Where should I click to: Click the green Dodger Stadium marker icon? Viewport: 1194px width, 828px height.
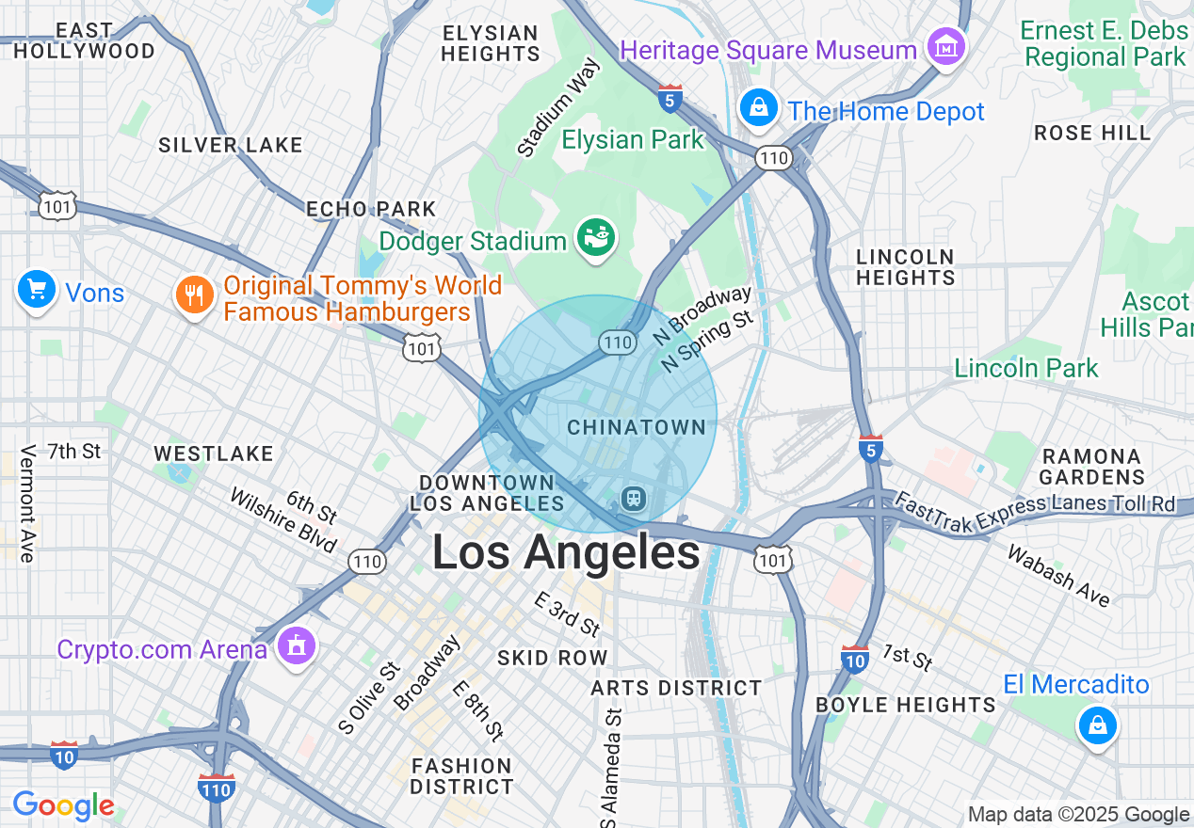(596, 237)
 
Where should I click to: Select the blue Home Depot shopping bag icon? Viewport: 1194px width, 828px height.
(758, 108)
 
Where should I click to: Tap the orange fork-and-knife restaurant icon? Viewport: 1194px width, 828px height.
(194, 295)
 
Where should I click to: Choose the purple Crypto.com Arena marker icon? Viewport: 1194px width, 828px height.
(297, 646)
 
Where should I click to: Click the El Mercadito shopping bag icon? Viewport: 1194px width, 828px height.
(1097, 725)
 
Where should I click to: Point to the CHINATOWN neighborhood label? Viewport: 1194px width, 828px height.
(637, 427)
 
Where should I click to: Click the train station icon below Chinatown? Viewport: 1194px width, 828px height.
(633, 497)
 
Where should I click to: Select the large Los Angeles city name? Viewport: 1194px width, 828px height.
(566, 552)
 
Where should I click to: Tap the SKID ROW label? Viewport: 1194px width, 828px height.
(552, 658)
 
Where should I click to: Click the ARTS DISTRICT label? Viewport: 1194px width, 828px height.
(676, 689)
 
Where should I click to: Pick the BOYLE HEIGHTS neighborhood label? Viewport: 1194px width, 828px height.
(905, 705)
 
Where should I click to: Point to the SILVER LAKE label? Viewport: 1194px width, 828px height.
(231, 145)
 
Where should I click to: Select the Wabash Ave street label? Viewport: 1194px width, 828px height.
(1058, 575)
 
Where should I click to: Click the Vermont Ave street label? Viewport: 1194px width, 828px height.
(26, 503)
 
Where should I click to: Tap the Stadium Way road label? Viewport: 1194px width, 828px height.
(557, 107)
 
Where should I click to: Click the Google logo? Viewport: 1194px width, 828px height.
(63, 805)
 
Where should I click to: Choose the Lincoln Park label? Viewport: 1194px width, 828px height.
(1025, 368)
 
